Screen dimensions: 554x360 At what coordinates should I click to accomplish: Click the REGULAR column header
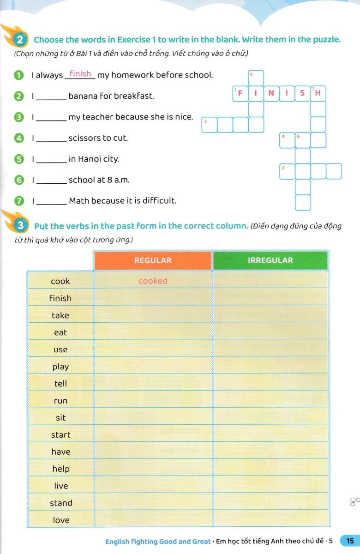click(x=153, y=260)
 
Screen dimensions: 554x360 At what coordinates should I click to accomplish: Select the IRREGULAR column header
click(x=270, y=260)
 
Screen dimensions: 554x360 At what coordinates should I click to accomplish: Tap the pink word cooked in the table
click(x=153, y=281)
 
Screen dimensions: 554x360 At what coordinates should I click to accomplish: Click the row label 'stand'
click(x=61, y=503)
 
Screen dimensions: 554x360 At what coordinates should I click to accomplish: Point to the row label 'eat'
click(x=60, y=332)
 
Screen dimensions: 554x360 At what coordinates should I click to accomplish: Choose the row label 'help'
click(x=61, y=469)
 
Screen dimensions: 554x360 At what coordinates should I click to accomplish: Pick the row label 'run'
click(x=60, y=401)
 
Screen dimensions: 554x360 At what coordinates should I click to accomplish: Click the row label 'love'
click(x=61, y=520)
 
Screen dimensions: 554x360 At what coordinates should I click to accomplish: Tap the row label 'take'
click(x=60, y=315)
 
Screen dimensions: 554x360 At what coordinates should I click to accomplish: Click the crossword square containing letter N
click(x=271, y=93)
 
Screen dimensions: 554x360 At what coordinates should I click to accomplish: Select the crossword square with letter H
click(x=318, y=93)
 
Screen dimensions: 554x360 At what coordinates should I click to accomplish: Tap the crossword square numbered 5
click(x=256, y=78)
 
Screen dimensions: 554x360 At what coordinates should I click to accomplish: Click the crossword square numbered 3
click(x=210, y=124)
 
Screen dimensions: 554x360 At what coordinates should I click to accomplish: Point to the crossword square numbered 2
click(x=287, y=171)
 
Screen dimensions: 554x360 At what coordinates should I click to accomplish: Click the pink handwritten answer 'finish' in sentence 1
click(x=80, y=74)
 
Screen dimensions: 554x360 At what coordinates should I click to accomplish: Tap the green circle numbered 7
click(x=18, y=201)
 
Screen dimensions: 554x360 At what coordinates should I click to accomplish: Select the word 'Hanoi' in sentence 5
click(x=90, y=159)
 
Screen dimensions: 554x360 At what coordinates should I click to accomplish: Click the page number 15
click(x=349, y=541)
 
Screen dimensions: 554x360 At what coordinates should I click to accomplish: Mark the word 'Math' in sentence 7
click(x=78, y=201)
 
